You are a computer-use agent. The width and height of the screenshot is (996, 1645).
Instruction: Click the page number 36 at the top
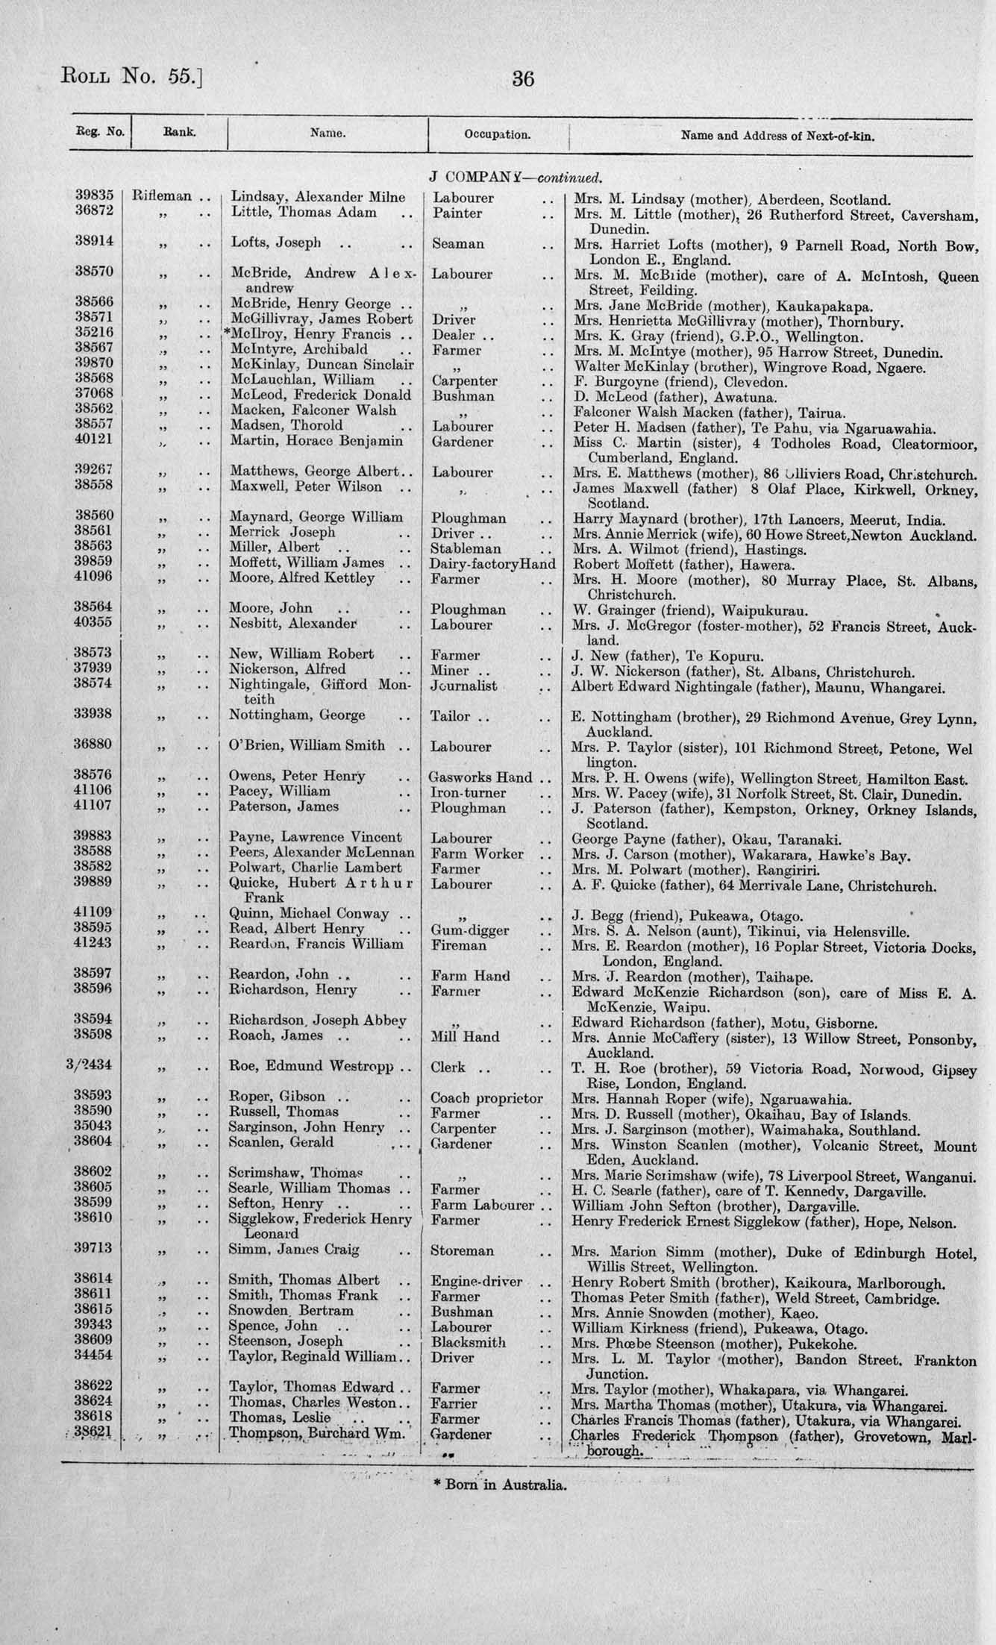[523, 78]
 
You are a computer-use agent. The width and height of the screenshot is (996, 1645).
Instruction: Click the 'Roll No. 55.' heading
[131, 75]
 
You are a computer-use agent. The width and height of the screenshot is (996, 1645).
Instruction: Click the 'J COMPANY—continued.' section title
[515, 179]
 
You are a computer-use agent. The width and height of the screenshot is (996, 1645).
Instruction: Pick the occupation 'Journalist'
[464, 685]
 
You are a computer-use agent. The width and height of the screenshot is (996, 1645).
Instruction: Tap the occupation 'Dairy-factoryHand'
[492, 564]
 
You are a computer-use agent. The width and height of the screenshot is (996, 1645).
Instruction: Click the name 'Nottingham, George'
[297, 715]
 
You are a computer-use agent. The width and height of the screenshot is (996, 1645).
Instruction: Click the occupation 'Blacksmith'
[469, 1341]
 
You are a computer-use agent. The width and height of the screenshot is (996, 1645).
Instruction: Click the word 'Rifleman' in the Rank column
[161, 197]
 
